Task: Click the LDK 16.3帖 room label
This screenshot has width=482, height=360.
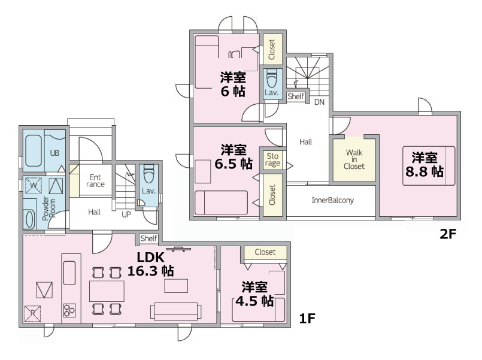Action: pos(151,264)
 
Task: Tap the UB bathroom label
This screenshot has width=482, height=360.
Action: pos(54,153)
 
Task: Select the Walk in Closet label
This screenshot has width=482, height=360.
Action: pos(354,159)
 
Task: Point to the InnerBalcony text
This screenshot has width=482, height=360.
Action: pos(332,201)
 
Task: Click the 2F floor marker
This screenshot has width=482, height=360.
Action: pos(448,234)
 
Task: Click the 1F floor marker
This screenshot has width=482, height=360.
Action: pos(307,319)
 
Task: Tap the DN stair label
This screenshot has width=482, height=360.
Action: pos(319,102)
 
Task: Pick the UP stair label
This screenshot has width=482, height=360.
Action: pos(126,214)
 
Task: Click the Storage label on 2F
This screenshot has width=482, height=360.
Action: pos(272,159)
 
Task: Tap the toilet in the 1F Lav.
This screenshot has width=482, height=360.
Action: pos(148,174)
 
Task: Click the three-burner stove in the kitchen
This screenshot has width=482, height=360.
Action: pos(69,310)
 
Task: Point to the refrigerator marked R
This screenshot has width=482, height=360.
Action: pos(32,313)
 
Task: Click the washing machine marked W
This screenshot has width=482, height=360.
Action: pos(34,185)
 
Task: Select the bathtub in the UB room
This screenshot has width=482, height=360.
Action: pos(33,150)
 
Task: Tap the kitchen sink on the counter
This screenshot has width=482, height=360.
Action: pos(69,273)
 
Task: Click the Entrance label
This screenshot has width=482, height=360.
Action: pos(95,181)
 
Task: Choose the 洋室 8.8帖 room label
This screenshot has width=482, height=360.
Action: pos(425,165)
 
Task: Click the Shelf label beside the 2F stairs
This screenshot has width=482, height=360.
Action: pos(296,96)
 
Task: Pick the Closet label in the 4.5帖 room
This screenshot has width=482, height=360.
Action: pos(265,252)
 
